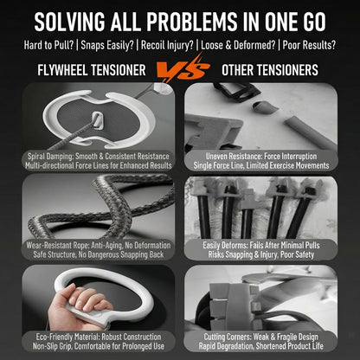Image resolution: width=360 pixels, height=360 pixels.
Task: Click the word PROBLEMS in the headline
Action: tap(191, 22)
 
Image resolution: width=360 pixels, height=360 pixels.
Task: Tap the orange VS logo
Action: tap(183, 69)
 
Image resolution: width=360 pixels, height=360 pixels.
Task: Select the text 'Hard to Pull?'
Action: tap(48, 45)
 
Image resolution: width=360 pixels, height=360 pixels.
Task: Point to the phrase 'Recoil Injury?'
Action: tap(167, 45)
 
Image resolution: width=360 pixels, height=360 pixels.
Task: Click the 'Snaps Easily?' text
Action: tap(107, 45)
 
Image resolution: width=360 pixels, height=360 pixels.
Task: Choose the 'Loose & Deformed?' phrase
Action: tap(238, 45)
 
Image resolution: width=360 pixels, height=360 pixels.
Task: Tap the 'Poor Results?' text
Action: tap(309, 45)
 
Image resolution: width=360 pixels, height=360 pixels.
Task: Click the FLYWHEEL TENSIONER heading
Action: tap(92, 70)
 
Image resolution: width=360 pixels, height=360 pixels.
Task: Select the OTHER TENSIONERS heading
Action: tap(270, 70)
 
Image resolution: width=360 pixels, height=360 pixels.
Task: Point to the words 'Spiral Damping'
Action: tap(51, 157)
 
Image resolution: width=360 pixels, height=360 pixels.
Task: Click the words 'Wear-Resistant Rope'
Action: tap(57, 246)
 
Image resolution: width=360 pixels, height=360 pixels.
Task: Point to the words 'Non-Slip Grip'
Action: tap(51, 346)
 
